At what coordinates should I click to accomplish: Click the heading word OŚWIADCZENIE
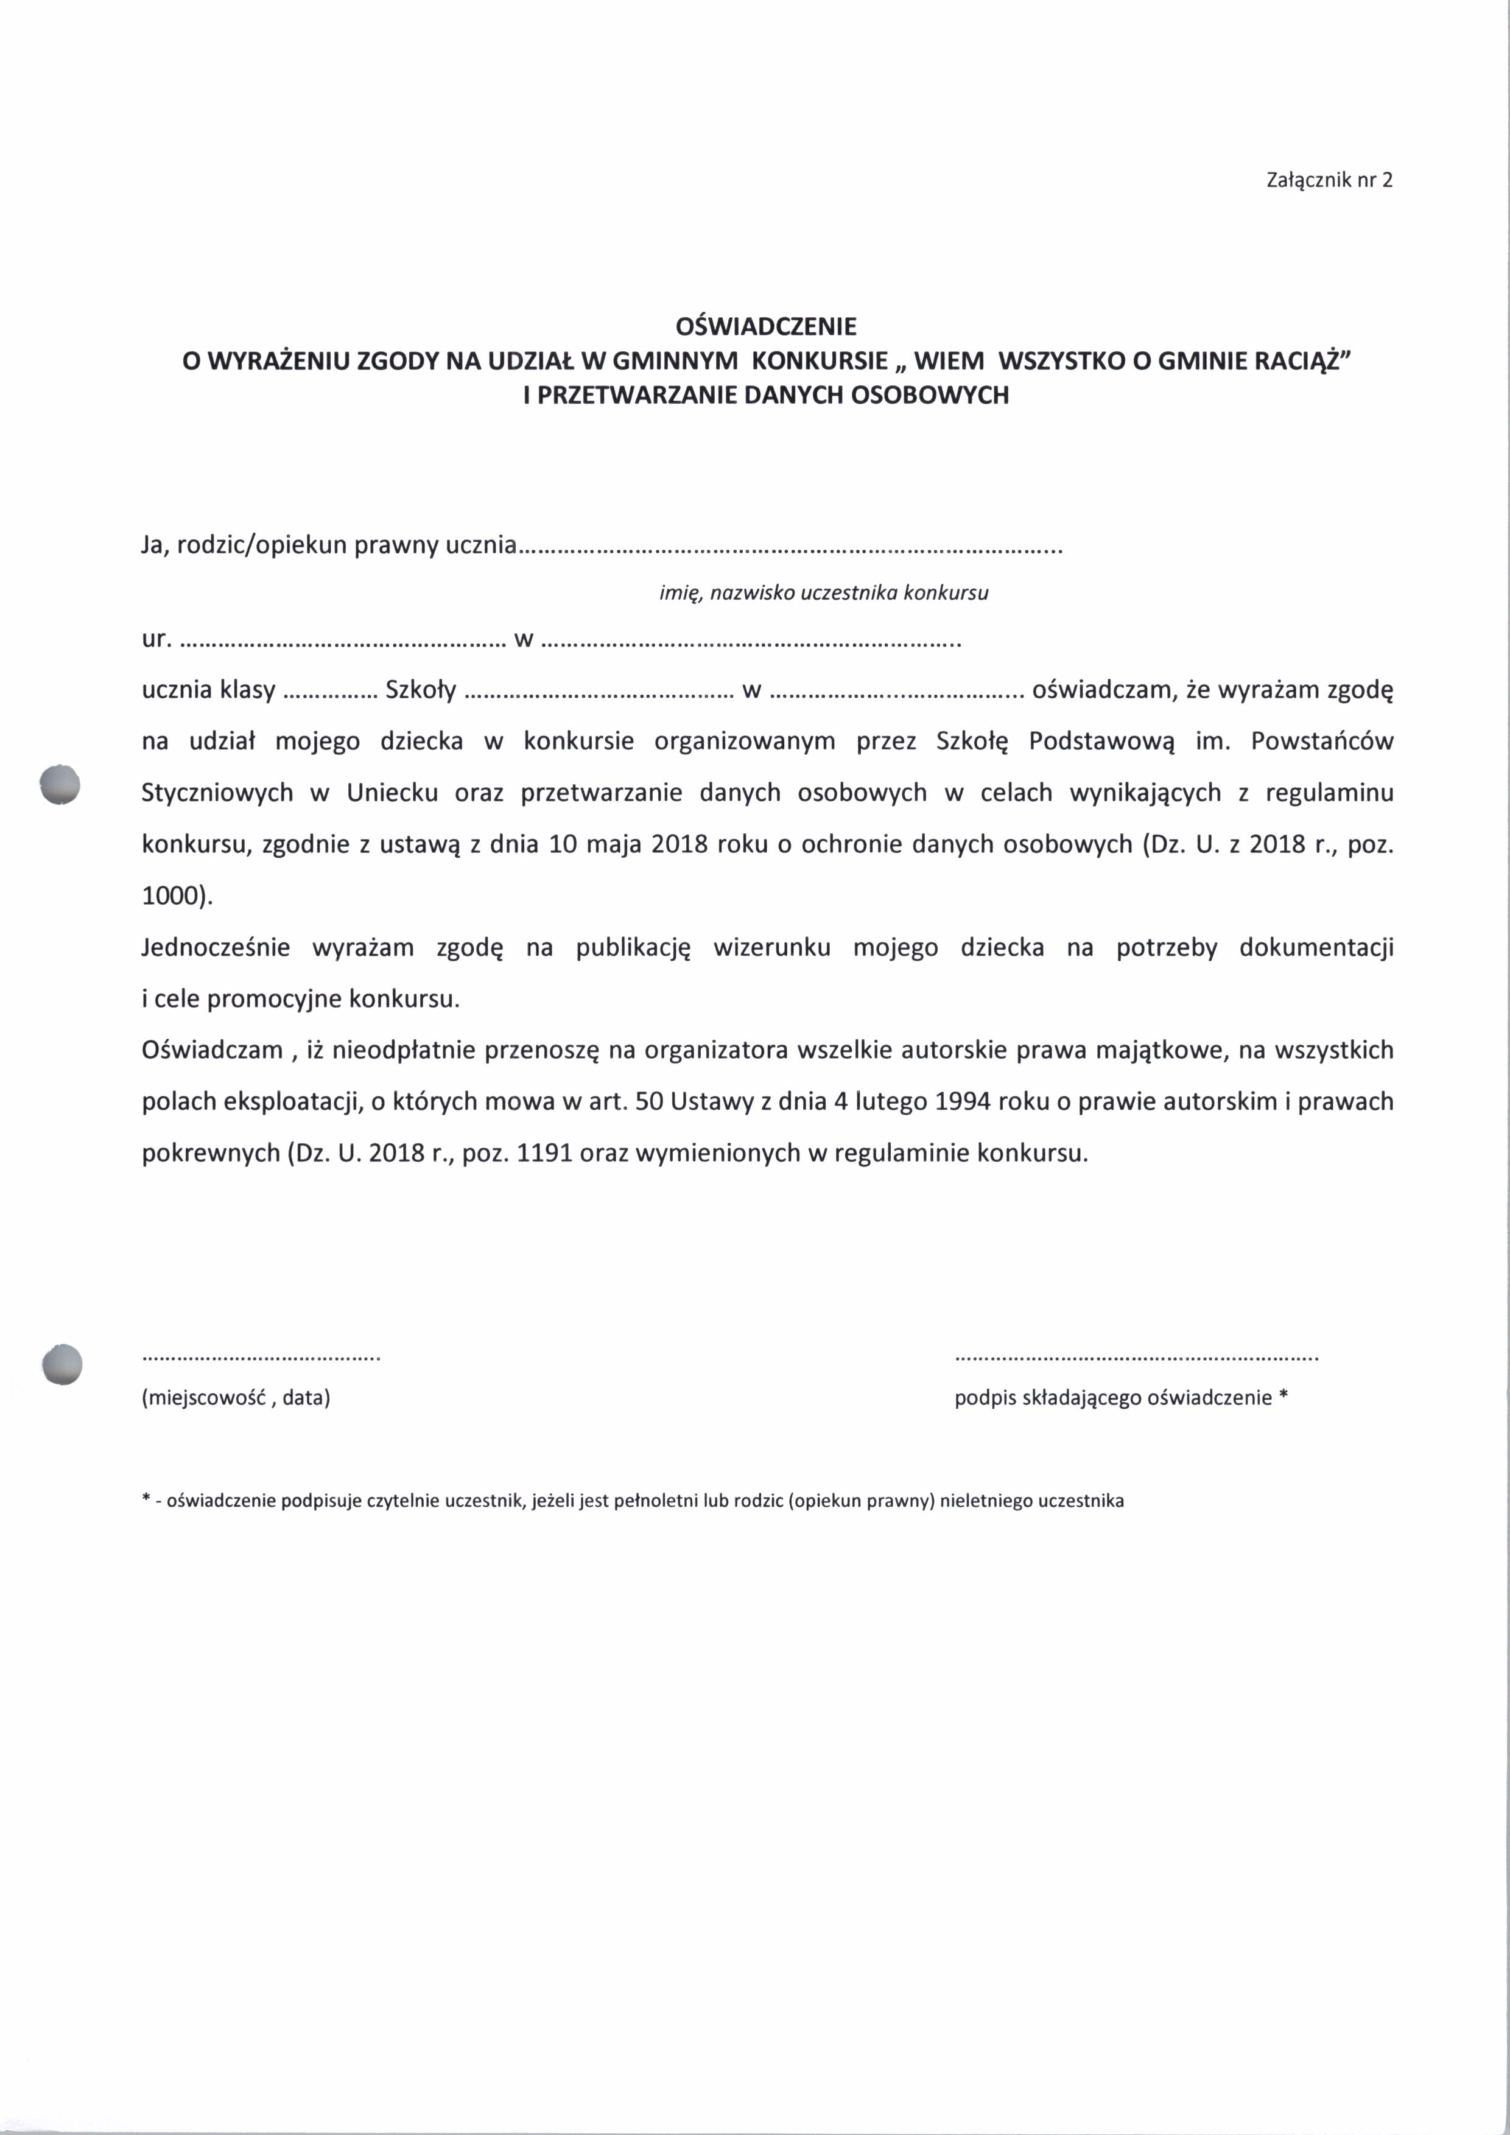point(765,326)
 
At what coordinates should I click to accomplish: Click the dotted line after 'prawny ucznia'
point(790,549)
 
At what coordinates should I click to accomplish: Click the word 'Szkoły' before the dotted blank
point(420,690)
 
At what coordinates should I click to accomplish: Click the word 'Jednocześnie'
point(216,947)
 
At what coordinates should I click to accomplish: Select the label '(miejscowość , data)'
point(236,1398)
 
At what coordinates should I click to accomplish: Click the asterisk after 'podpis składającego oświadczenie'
point(1284,1396)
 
